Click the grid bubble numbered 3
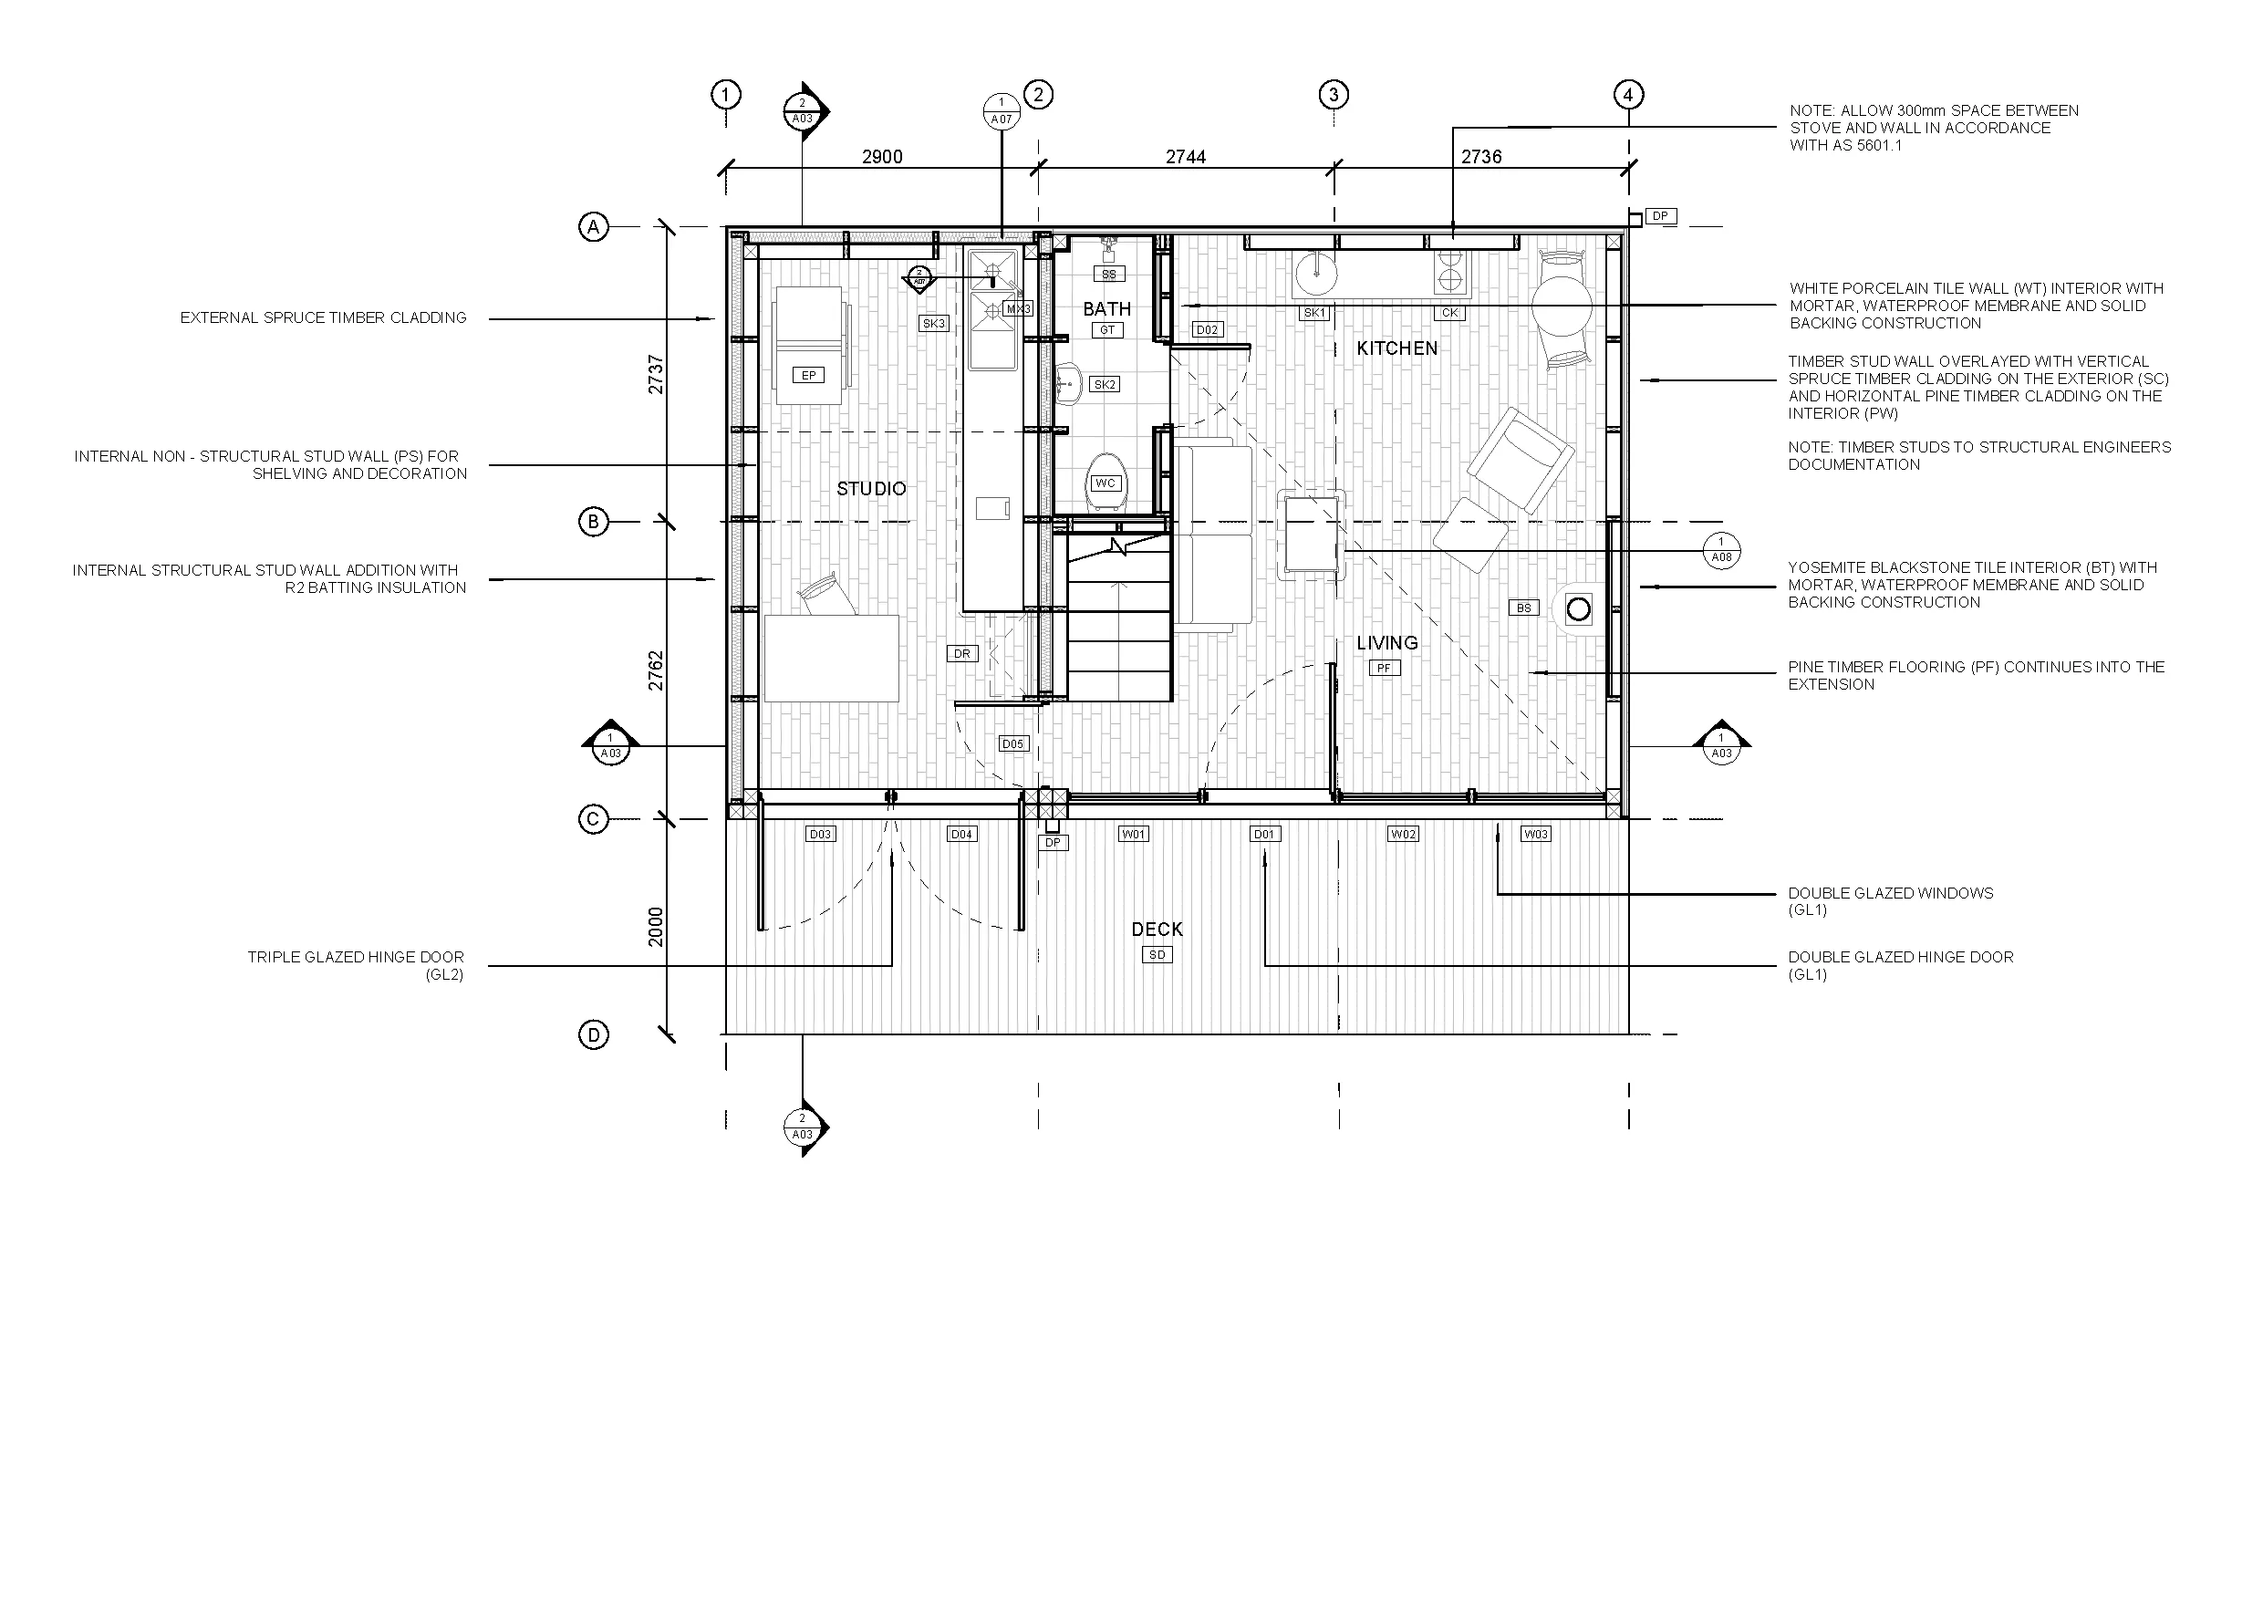(1334, 95)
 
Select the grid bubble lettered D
(594, 1035)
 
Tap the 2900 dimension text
(882, 157)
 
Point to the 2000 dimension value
(657, 927)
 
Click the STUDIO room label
(871, 489)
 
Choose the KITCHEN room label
(1396, 348)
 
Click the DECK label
(1157, 930)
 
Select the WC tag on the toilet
(1105, 483)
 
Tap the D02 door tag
(1208, 330)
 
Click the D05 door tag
(1013, 743)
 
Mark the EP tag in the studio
(809, 376)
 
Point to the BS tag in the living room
(1524, 608)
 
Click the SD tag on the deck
(1157, 954)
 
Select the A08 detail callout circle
(1721, 550)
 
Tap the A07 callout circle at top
(1002, 111)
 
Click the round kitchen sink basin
(1314, 273)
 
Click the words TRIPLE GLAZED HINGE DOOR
(355, 957)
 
